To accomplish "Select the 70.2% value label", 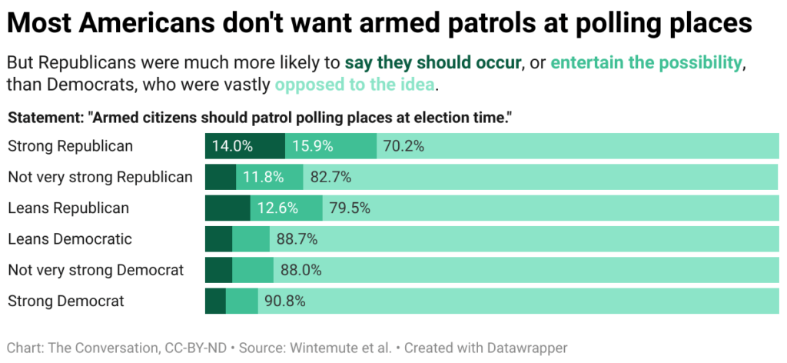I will (403, 146).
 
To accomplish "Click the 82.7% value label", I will (330, 178).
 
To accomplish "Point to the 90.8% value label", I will (285, 301).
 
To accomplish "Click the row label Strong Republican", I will (70, 146).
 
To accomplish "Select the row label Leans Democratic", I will (69, 239).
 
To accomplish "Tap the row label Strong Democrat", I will (66, 301).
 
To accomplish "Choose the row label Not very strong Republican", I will (100, 178).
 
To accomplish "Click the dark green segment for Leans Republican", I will (227, 208).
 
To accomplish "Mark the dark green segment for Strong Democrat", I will (215, 301).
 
